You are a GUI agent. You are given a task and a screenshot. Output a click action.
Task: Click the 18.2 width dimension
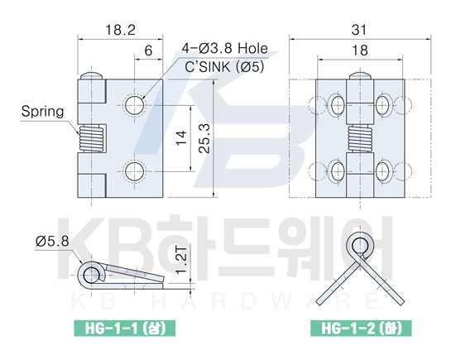(x=120, y=30)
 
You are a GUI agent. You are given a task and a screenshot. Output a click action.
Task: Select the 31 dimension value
(x=359, y=30)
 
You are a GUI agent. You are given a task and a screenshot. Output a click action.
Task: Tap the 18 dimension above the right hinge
(x=360, y=50)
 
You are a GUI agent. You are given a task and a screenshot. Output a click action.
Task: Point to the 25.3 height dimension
(x=204, y=138)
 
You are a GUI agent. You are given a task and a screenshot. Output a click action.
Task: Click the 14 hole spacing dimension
(x=182, y=138)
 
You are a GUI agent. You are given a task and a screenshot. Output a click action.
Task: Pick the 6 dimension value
(x=148, y=50)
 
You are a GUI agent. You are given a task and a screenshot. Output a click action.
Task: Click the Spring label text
(x=42, y=112)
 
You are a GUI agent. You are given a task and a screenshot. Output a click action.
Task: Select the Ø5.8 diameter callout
(x=52, y=242)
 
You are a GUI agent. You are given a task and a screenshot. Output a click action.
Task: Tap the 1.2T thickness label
(x=181, y=260)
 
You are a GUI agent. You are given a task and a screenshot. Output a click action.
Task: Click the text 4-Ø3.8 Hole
(x=224, y=48)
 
